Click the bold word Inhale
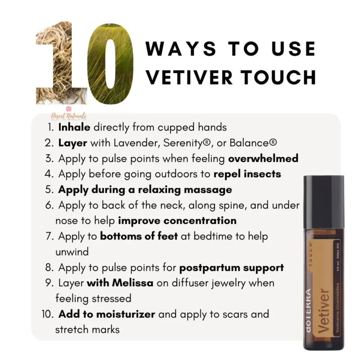(74, 127)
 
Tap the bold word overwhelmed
(263, 159)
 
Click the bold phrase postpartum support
(232, 267)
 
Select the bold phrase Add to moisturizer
(107, 314)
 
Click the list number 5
(51, 189)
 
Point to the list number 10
(49, 314)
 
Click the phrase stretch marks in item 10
(87, 329)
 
